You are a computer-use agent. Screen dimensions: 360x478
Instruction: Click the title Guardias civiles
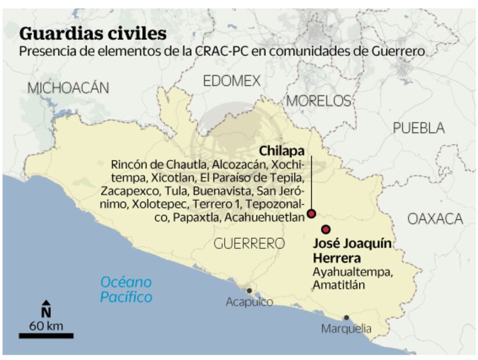click(93, 33)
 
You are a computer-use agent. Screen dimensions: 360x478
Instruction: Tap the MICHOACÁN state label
click(68, 88)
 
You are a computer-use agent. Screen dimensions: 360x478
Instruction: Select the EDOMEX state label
click(232, 81)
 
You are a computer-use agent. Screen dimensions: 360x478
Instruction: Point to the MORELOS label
click(319, 100)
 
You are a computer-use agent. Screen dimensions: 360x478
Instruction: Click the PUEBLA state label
click(418, 128)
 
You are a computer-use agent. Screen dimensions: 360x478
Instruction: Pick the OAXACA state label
click(435, 218)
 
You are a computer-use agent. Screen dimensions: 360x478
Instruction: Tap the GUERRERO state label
click(249, 243)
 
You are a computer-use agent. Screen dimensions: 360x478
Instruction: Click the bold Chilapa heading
click(282, 150)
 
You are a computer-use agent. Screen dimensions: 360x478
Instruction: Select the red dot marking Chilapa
click(311, 214)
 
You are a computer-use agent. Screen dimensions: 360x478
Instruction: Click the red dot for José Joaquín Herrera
click(326, 229)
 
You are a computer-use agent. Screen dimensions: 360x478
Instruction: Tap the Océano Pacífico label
click(126, 290)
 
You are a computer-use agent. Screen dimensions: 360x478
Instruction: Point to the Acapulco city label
click(249, 302)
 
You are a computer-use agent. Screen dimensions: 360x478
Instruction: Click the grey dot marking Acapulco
click(249, 290)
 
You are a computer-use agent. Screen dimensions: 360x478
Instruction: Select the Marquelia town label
click(346, 329)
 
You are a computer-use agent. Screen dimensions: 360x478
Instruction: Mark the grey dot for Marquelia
click(346, 318)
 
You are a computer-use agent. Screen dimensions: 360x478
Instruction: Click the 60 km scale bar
click(46, 335)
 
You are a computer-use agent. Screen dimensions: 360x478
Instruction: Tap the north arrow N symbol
click(46, 308)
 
